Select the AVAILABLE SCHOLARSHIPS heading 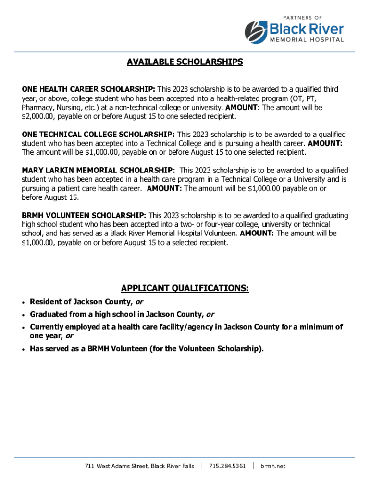coord(185,62)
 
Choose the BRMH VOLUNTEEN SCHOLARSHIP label coord(84,215)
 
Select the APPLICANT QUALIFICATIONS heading coord(185,288)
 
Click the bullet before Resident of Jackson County coord(24,302)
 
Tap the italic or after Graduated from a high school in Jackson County coord(210,315)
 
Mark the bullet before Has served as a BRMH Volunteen coord(24,349)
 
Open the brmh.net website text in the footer coord(273,466)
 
